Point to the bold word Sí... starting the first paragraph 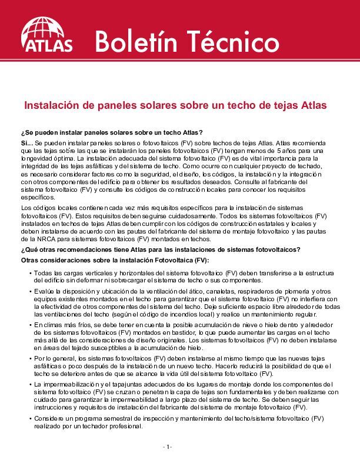[26, 143]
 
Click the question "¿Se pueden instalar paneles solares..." [111, 131]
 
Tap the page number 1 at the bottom [168, 447]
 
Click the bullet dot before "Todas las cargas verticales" [30, 274]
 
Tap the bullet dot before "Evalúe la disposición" [30, 292]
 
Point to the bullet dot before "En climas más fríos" [30, 325]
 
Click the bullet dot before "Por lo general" [30, 358]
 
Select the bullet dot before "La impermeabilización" [30, 384]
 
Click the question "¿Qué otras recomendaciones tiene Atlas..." [161, 249]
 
